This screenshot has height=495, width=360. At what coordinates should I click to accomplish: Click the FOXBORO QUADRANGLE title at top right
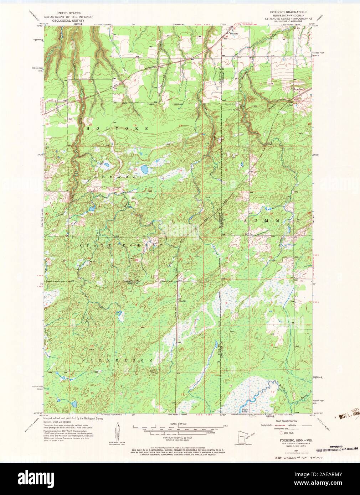click(291, 12)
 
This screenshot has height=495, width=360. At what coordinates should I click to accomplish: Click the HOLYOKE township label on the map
click(117, 127)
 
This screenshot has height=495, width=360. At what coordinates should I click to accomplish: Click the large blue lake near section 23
click(144, 168)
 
